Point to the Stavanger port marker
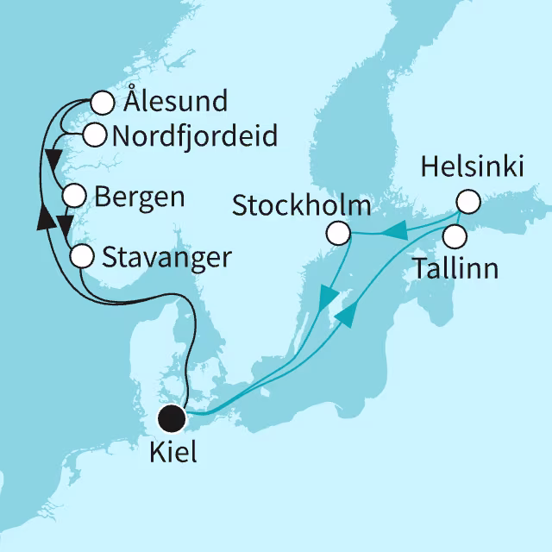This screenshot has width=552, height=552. (81, 255)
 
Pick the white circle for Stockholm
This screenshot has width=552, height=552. (338, 233)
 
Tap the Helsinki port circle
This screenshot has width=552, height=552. (467, 202)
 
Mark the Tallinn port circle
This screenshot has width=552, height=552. (455, 235)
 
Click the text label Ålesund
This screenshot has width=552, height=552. (175, 102)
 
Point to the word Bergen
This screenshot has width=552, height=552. (139, 197)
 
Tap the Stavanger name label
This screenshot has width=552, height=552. (166, 256)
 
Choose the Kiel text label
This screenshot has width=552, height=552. (172, 452)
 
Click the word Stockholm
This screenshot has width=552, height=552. (302, 206)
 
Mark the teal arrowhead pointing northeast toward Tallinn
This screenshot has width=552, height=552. (344, 316)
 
